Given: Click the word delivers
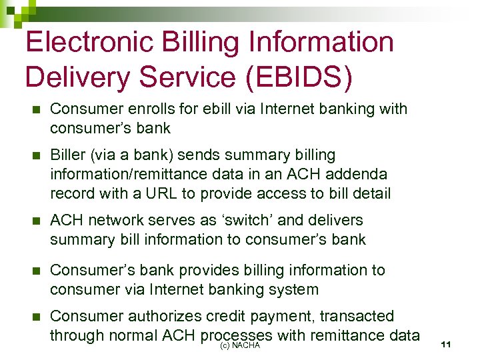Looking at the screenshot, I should pyautogui.click(x=331, y=220).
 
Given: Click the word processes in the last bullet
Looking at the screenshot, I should pyautogui.click(x=236, y=335).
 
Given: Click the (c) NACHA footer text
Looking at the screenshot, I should pyautogui.click(x=239, y=345).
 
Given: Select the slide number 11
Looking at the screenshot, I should pyautogui.click(x=447, y=344).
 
